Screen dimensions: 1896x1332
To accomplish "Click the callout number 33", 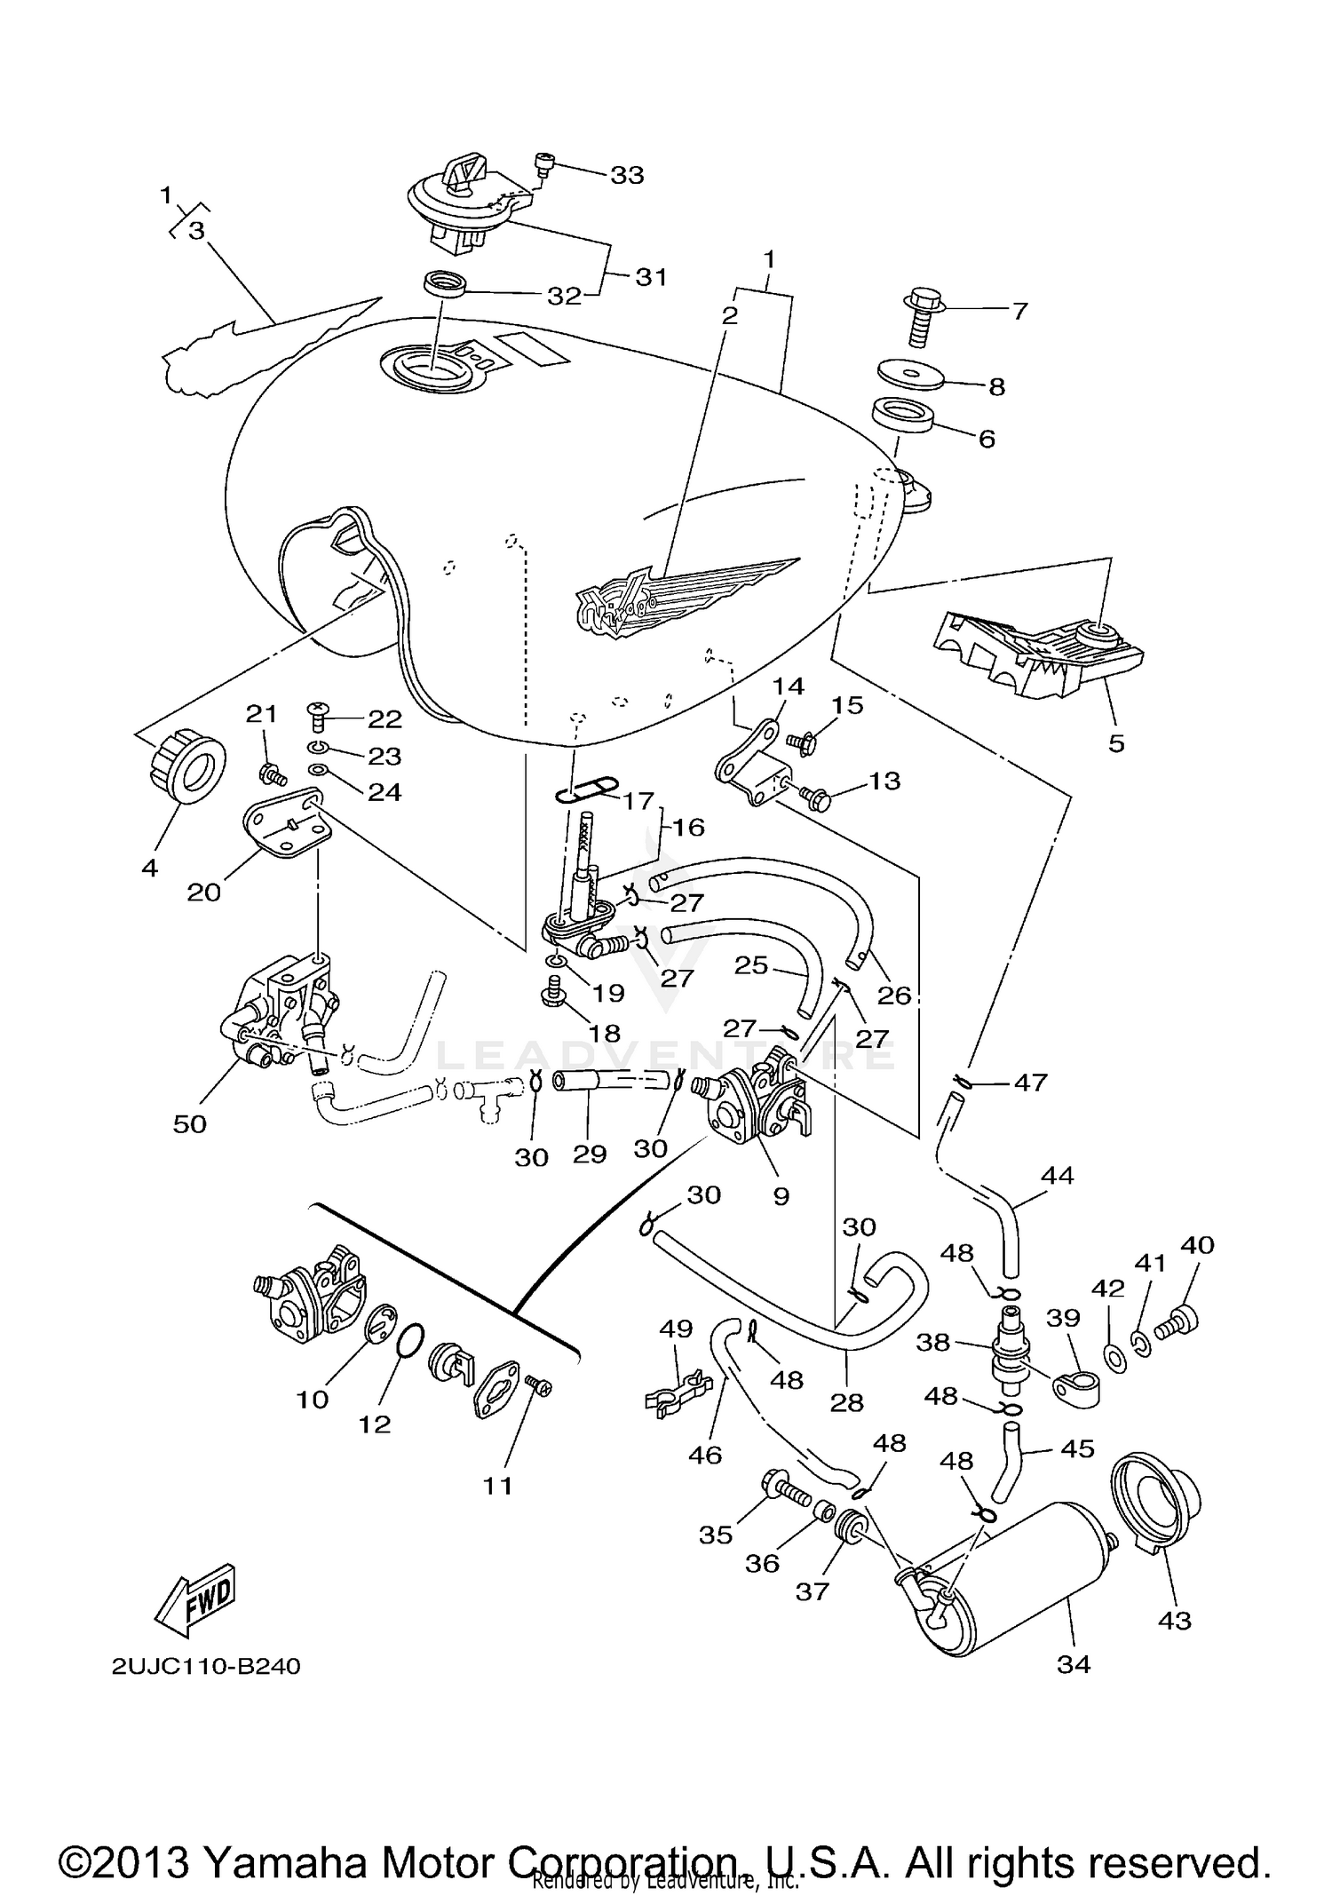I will click(626, 175).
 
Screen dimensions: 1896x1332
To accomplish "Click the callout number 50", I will click(190, 1123).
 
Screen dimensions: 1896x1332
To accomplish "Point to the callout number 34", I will click(1073, 1665).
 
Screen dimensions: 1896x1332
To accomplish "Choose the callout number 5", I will click(1116, 743).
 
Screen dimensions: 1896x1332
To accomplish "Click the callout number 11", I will click(497, 1485).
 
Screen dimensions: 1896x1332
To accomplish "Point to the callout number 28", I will click(846, 1402).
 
